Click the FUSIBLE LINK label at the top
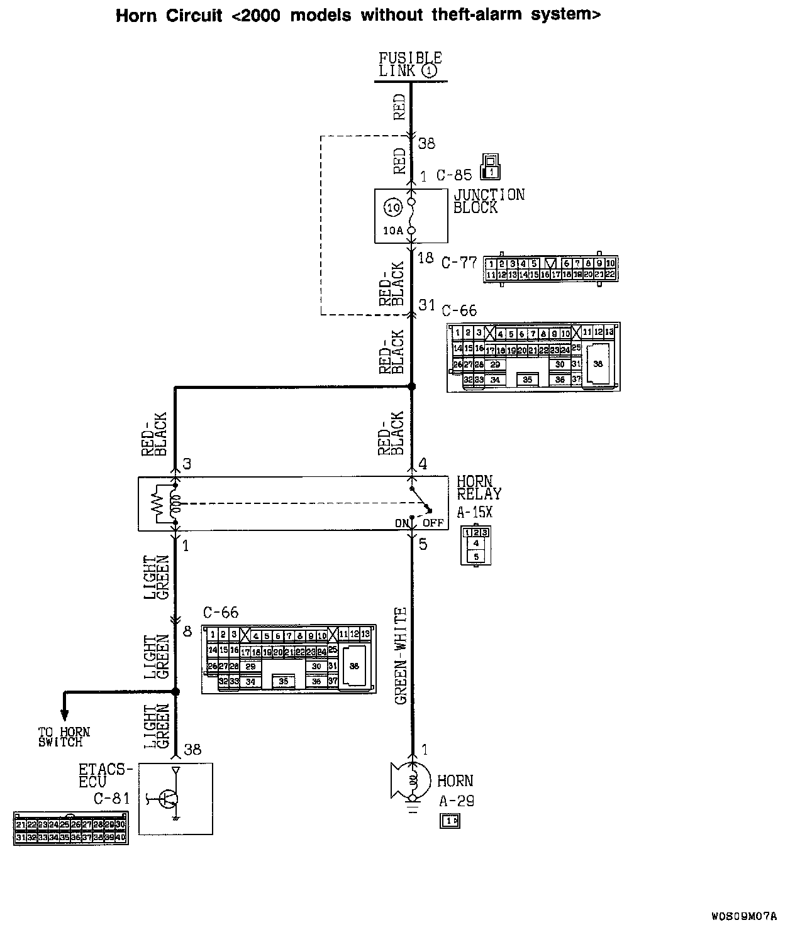tap(410, 64)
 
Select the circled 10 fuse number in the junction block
tap(392, 207)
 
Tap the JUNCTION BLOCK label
tap(489, 201)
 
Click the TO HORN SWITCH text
tap(64, 737)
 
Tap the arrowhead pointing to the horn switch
tap(64, 714)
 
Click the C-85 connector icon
tap(491, 166)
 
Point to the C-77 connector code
tap(459, 262)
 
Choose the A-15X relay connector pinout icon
tap(476, 544)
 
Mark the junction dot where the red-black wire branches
tap(412, 387)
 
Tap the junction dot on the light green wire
tap(176, 692)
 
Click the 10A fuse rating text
tap(392, 230)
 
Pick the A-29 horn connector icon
tap(450, 821)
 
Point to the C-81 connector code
tap(111, 799)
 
